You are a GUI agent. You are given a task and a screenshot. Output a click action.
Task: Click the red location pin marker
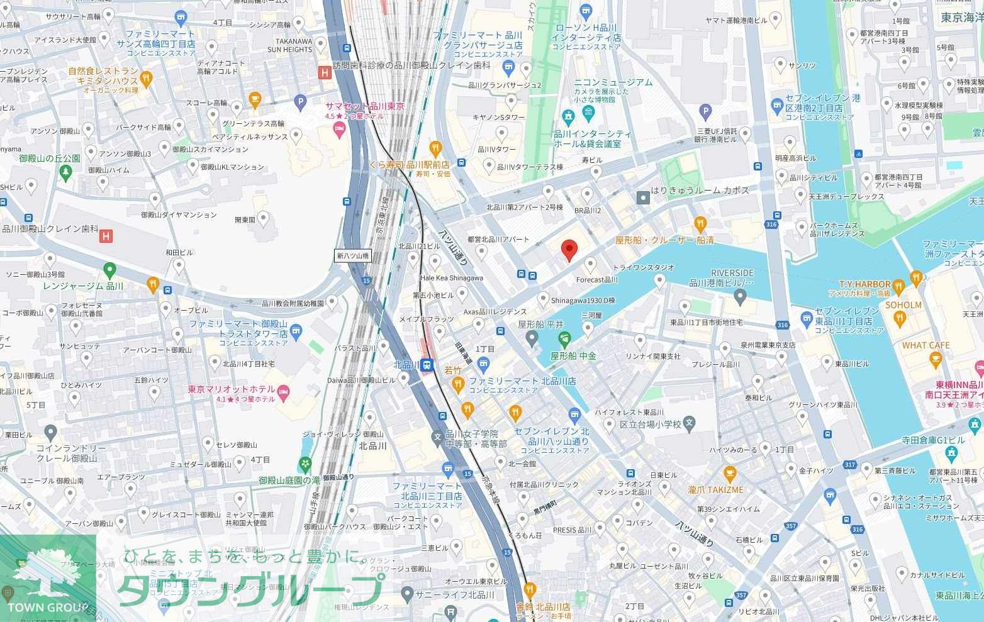[569, 250]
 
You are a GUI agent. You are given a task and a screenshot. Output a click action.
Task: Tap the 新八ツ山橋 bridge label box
[352, 256]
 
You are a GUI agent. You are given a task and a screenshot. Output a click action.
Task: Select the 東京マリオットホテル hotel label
[231, 390]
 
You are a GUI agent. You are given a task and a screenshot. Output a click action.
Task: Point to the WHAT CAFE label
[925, 345]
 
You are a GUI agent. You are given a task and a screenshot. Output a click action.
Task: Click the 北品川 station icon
[426, 365]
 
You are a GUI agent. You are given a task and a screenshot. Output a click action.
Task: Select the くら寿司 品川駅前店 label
[410, 164]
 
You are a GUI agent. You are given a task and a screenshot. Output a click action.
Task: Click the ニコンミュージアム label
[613, 82]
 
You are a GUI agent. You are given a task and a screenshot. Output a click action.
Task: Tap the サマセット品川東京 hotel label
[365, 107]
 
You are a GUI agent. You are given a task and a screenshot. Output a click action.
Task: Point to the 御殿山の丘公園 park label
[50, 158]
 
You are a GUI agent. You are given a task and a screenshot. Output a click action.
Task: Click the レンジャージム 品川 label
[83, 286]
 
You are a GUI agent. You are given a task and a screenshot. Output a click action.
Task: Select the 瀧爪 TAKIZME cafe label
[715, 489]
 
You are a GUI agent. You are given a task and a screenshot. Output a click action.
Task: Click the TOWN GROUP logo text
[48, 607]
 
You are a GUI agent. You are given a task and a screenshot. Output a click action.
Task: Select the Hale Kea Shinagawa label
[451, 278]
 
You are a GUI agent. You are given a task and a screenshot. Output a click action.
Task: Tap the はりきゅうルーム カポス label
[700, 190]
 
